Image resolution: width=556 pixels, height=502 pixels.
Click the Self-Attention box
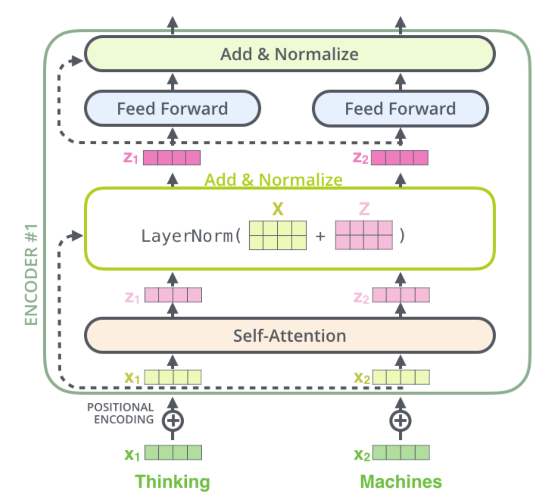click(x=290, y=336)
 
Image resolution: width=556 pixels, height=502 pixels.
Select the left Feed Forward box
click(x=172, y=109)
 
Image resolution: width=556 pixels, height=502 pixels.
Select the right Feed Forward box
click(x=400, y=109)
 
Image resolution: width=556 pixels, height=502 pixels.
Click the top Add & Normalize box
click(x=290, y=54)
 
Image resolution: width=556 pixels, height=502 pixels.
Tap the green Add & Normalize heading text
click(x=273, y=180)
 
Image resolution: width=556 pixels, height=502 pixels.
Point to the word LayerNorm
click(x=188, y=236)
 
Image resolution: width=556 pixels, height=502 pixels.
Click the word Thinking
click(x=172, y=481)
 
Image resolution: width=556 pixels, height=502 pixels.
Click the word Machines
click(x=401, y=481)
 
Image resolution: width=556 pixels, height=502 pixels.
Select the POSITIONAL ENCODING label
click(x=120, y=413)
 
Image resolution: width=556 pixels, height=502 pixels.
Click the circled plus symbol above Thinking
click(x=173, y=420)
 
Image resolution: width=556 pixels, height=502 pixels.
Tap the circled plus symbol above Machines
click(x=400, y=420)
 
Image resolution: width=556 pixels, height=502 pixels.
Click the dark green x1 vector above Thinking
click(x=173, y=453)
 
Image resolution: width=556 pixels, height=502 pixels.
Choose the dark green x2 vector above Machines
click(x=401, y=453)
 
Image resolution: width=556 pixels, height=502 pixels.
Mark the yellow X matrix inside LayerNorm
click(x=278, y=235)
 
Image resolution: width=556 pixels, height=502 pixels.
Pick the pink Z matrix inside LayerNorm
click(x=364, y=235)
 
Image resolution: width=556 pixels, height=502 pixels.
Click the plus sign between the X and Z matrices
click(x=320, y=236)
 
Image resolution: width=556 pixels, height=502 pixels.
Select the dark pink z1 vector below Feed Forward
click(x=172, y=158)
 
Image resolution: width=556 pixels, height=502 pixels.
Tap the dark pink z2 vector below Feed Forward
click(x=400, y=158)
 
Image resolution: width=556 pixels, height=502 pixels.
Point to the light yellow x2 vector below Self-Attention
click(x=401, y=377)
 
